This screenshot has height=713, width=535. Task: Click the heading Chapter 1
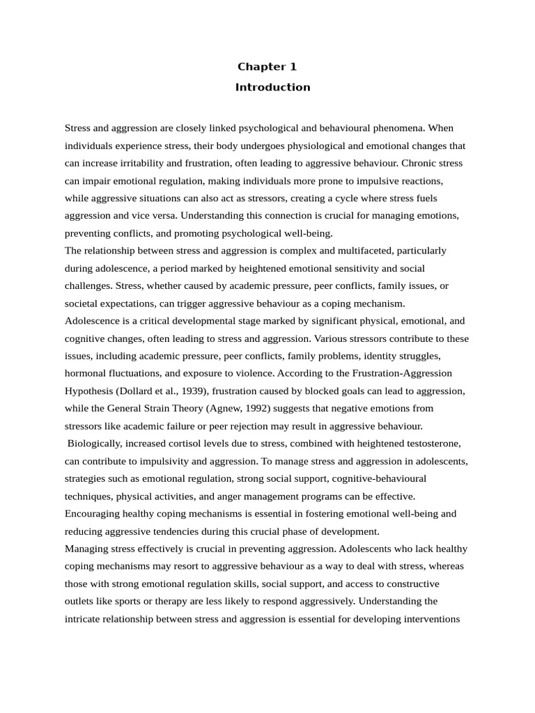[x=267, y=67]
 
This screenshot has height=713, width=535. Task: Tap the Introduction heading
[x=272, y=87]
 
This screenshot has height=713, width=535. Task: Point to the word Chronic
[x=420, y=163]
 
